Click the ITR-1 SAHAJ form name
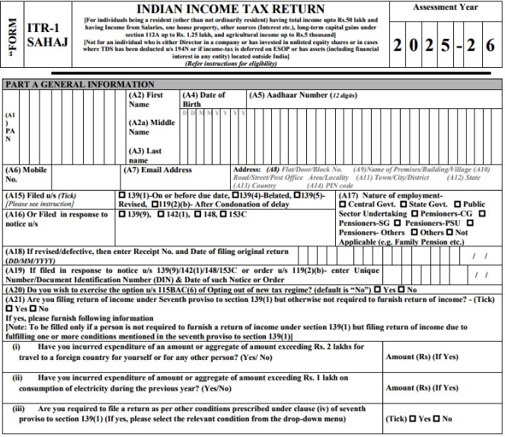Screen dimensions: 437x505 tap(46, 35)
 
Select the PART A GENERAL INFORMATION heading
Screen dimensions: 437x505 tap(80, 84)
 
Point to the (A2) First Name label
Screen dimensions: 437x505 tap(145, 99)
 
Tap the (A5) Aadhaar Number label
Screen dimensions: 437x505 tap(292, 95)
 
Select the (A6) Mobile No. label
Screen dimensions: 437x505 tap(23, 175)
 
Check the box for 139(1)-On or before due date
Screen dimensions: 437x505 tap(123, 195)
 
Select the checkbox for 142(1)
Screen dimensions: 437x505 tap(159, 215)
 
